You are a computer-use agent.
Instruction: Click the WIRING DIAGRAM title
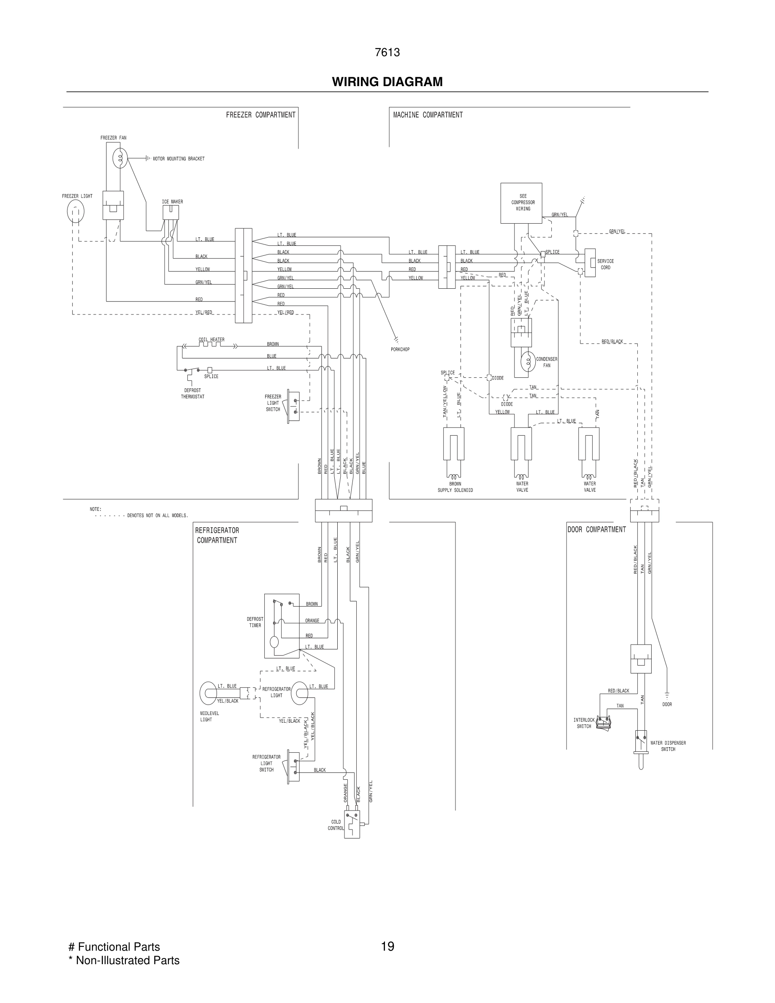coord(387,82)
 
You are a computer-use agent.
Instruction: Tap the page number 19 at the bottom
coord(387,946)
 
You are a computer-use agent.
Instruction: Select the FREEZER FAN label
coord(114,138)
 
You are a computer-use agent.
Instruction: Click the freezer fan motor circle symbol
coord(120,158)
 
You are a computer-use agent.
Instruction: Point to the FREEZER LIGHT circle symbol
coord(76,212)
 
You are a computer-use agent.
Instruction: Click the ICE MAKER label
coord(172,202)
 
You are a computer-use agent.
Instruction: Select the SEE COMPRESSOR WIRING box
coord(521,203)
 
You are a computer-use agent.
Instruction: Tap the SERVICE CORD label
coord(605,264)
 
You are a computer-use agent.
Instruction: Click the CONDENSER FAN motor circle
coord(528,361)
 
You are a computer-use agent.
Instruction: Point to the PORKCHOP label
coord(400,350)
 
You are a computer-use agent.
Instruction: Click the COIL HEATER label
coord(211,340)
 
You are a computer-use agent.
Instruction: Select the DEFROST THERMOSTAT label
coord(192,393)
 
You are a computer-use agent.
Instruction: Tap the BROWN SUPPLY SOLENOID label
coord(455,487)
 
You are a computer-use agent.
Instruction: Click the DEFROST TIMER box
coord(282,626)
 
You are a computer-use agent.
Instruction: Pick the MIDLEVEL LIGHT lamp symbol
coord(209,694)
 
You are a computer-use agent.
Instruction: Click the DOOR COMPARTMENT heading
coord(596,529)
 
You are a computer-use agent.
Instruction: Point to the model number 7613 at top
coord(387,52)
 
